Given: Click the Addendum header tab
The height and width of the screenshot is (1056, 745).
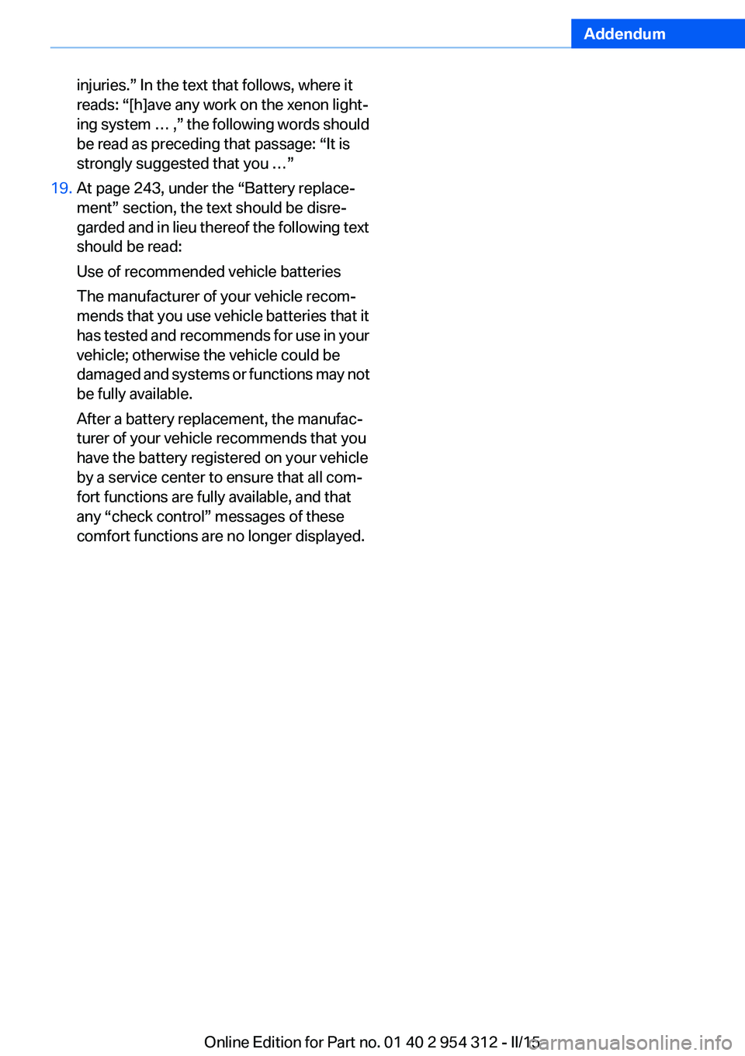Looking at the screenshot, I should point(625,34).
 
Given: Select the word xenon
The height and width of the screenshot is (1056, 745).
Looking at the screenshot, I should point(307,105).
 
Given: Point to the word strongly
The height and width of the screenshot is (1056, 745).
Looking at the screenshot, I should point(104,164).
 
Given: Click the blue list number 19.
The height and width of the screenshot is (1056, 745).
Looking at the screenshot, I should point(61,188).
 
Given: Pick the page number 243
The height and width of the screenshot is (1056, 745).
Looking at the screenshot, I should point(147,188).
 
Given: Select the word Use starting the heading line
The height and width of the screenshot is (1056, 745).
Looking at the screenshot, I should point(90,271).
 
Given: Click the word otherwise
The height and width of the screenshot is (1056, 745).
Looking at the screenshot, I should point(165,355).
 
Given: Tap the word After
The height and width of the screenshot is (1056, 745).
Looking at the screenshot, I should point(93,419).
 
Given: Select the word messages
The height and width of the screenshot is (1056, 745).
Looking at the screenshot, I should point(248,516).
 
